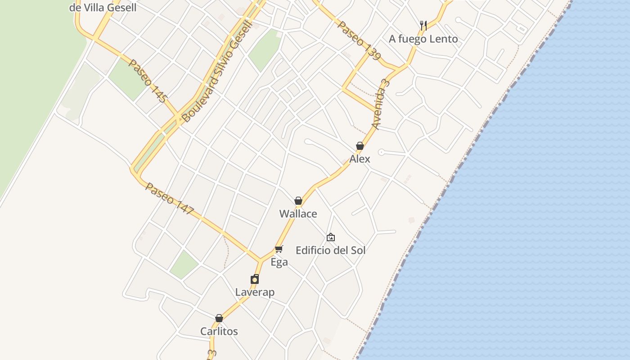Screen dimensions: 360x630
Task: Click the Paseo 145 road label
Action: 148,81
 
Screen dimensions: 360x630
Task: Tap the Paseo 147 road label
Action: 170,198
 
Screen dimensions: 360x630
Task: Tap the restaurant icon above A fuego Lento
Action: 423,25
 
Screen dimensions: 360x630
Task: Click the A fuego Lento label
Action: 423,39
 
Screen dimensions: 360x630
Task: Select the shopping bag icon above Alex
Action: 360,146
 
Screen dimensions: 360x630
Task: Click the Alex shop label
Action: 360,159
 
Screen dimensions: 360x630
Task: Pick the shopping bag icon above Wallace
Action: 298,201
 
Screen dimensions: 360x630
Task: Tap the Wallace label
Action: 298,214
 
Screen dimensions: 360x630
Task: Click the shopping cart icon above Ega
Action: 279,249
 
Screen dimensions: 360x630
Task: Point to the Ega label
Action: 279,262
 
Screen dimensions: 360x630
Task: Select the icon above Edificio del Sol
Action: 331,237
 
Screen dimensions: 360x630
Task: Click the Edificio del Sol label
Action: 331,250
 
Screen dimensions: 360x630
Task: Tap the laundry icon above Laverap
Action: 255,279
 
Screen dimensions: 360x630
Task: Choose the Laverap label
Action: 255,292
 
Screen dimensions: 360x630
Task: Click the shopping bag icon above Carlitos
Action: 219,318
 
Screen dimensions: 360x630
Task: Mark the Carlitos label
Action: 219,332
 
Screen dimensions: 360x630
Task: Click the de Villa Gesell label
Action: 103,7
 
